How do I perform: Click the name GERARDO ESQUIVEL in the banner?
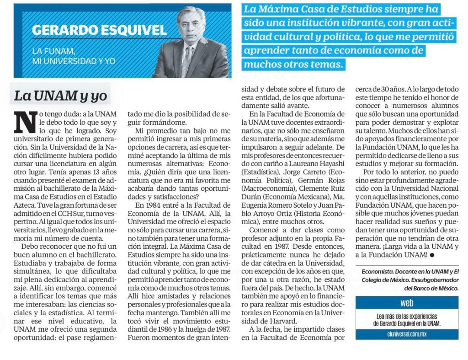pos(100,31)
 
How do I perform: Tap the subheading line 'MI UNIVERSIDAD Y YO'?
pos(74,60)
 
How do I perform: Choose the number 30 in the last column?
pos(390,89)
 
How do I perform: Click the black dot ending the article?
pos(431,254)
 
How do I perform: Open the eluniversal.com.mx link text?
pos(407,334)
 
